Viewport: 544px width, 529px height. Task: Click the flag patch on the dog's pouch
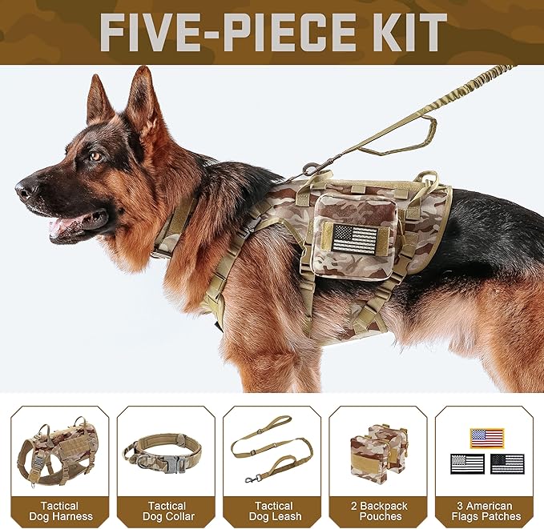[353, 239]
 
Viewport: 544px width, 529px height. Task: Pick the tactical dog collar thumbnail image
[166, 452]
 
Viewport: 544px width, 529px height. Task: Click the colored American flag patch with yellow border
[486, 438]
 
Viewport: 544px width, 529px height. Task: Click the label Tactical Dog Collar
[166, 511]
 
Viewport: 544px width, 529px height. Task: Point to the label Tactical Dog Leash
[272, 511]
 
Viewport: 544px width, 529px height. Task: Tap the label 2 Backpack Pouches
[377, 511]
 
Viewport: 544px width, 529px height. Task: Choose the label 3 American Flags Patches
[485, 511]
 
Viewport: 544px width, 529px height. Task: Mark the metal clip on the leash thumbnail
[250, 478]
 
